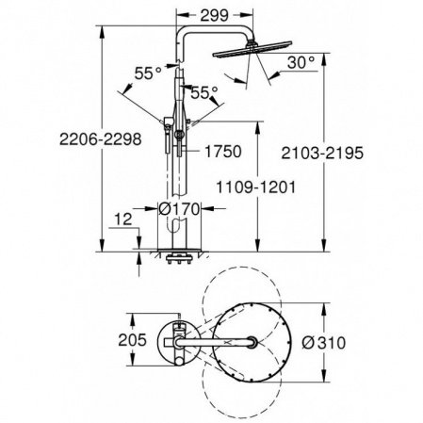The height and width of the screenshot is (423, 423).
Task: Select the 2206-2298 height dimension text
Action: click(49, 140)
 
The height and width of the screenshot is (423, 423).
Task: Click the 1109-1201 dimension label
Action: click(257, 187)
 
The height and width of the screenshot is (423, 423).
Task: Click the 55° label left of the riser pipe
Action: click(143, 72)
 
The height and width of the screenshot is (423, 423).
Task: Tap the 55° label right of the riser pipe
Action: click(204, 92)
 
